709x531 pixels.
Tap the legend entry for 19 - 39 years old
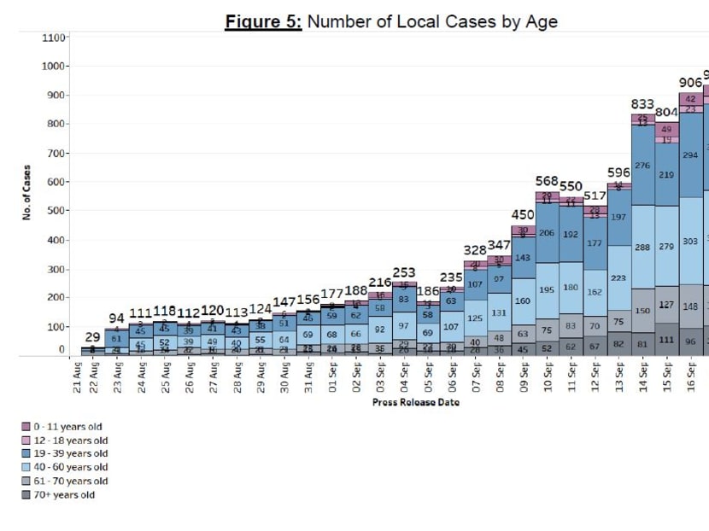(67, 454)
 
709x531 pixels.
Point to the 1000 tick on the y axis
(54, 67)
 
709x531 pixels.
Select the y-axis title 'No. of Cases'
(27, 193)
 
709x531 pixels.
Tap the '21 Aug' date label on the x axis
(77, 376)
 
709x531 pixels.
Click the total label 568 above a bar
(547, 181)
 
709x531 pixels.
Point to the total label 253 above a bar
(404, 273)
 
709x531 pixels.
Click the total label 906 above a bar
(690, 82)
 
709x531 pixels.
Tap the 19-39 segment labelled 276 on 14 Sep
(643, 166)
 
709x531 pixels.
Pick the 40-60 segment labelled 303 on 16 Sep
(691, 242)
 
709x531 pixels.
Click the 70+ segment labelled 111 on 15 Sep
(667, 339)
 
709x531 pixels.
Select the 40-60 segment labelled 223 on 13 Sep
(619, 277)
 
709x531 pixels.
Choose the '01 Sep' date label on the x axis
(333, 376)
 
